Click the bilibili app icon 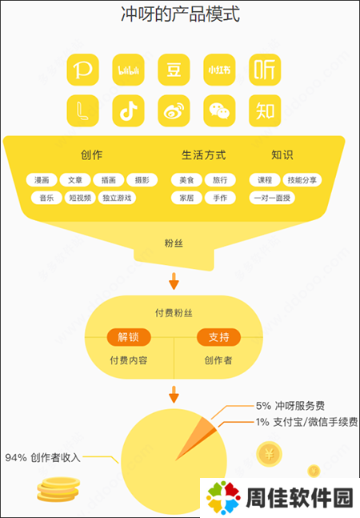coord(128,70)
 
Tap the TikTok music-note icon coord(128,110)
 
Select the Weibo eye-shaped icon coord(174,110)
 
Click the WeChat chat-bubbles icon coord(219,110)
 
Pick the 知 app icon coord(265,110)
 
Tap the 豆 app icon coord(174,70)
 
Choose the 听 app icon coord(265,70)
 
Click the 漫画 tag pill coord(42,180)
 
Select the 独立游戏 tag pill coord(117,198)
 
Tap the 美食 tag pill coord(186,180)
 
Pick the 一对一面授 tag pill coord(272,198)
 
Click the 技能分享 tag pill coord(302,180)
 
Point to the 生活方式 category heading coord(203,155)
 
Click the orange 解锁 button coord(129,337)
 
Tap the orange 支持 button coord(218,337)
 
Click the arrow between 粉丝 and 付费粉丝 coord(174,281)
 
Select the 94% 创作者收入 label coord(42,457)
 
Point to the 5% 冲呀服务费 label coord(290,406)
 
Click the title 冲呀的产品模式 coord(180,14)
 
